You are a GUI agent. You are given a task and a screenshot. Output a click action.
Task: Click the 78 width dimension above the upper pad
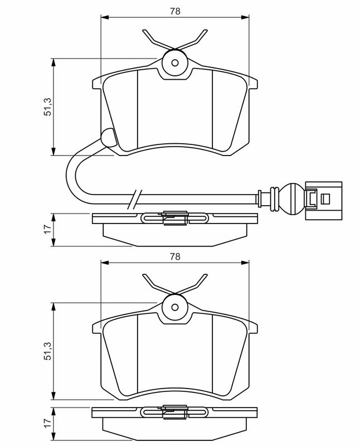175,11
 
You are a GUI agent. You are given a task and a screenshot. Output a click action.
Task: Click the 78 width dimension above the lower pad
175,256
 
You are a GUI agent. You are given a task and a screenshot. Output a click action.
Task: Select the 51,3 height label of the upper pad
48,106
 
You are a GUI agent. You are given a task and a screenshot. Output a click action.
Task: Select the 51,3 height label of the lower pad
48,351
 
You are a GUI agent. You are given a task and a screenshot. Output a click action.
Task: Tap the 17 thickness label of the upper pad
48,229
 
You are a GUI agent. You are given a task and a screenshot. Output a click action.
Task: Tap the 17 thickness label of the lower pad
48,423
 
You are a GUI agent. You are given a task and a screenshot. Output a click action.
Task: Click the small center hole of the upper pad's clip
175,63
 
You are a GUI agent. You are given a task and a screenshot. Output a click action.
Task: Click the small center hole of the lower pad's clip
175,307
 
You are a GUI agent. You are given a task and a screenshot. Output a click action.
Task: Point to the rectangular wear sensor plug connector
324,201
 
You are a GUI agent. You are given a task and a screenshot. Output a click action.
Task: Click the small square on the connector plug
325,199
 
